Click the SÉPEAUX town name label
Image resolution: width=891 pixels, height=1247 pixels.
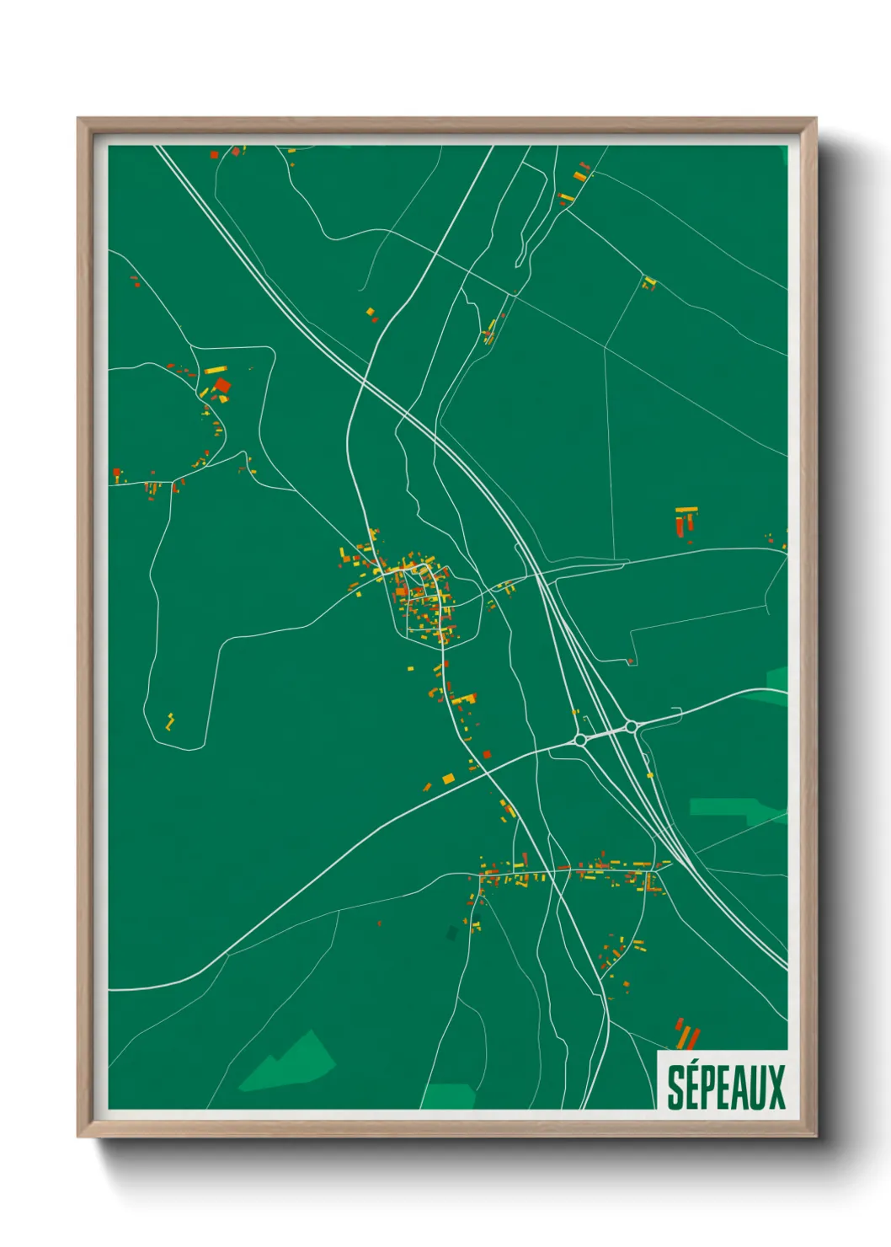tap(725, 1087)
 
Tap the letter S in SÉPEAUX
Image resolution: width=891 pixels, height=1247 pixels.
tap(675, 1088)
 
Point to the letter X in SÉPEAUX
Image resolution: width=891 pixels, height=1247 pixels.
tap(776, 1088)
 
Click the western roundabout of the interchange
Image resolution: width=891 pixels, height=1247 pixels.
tap(580, 739)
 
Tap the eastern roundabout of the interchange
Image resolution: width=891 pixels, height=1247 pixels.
tap(631, 726)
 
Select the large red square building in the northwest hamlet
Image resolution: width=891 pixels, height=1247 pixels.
tap(222, 386)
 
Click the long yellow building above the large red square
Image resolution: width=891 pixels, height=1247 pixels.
tap(216, 369)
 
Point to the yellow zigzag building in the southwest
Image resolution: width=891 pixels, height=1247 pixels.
tap(170, 721)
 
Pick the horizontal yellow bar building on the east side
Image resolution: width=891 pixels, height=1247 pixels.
tap(686, 509)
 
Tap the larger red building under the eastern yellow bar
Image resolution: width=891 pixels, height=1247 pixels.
tap(680, 525)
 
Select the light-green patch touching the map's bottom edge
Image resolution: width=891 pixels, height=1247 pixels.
tap(448, 1096)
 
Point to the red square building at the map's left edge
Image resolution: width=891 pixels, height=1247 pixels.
tap(116, 475)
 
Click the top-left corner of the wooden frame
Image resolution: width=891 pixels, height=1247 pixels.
tap(78, 119)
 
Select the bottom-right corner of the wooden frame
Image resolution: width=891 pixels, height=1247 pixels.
tap(814, 1136)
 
